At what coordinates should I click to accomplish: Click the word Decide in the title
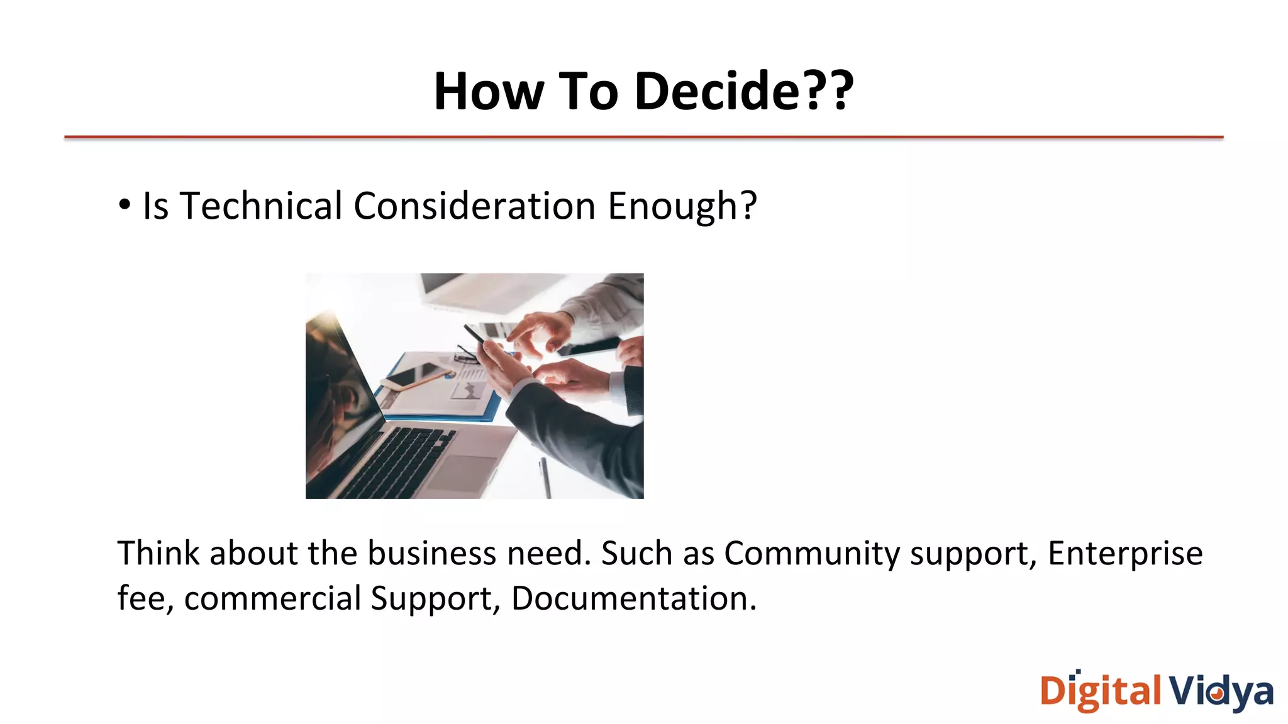click(717, 92)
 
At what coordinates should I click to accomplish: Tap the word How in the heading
click(488, 92)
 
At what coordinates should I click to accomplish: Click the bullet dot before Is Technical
click(125, 204)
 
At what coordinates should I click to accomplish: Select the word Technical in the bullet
click(260, 206)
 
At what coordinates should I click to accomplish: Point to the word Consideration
click(474, 206)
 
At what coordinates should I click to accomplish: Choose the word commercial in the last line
click(272, 598)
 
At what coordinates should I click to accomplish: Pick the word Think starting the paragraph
click(158, 554)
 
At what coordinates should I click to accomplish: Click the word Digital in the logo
click(1101, 691)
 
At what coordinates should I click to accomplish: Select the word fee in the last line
click(142, 598)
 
